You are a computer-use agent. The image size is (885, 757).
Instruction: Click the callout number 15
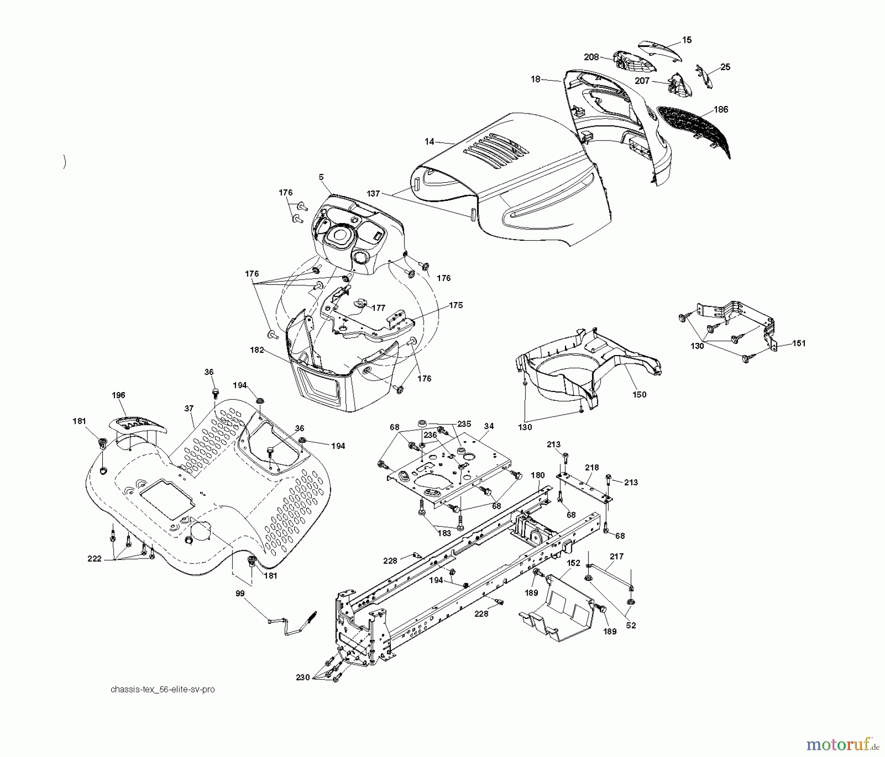click(x=687, y=40)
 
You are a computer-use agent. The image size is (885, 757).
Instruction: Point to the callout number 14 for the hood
click(x=429, y=141)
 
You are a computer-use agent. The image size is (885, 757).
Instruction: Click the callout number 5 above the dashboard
click(x=321, y=177)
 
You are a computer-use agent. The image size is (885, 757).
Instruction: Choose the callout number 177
click(x=378, y=308)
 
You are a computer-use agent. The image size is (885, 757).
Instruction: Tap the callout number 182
click(x=257, y=350)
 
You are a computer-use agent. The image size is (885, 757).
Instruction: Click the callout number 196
click(x=118, y=395)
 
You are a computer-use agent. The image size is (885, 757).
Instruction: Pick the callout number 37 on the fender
click(x=189, y=408)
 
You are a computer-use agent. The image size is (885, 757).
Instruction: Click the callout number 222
click(x=94, y=559)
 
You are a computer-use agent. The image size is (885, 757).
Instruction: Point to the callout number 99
click(x=240, y=593)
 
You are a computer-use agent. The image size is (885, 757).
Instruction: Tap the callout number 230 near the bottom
click(x=303, y=677)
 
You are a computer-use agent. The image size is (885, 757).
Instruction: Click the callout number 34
click(x=488, y=426)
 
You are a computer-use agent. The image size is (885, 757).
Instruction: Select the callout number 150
click(x=639, y=394)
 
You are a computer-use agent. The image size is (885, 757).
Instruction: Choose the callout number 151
click(x=799, y=343)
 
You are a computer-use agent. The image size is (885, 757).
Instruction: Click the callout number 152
click(x=574, y=563)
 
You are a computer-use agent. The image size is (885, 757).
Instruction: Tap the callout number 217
click(x=617, y=556)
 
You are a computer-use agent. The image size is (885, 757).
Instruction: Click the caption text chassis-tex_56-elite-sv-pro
click(x=163, y=689)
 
